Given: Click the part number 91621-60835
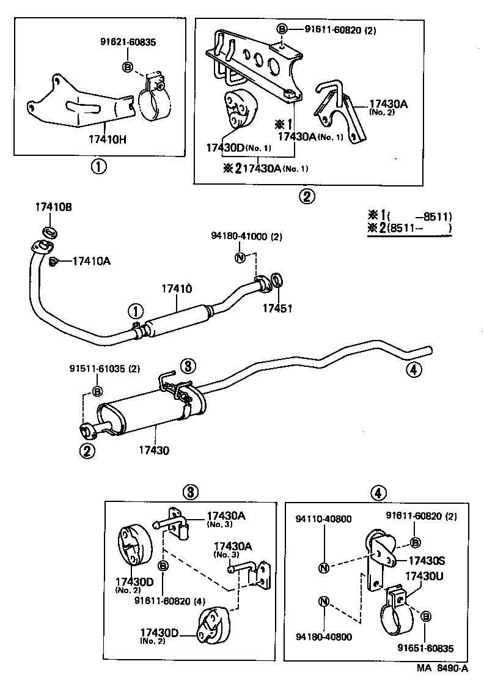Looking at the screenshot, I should click(x=128, y=42).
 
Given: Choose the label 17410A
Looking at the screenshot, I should click(x=91, y=261).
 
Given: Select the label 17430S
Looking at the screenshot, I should click(x=427, y=561).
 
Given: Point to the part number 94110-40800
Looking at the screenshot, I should click(x=323, y=519).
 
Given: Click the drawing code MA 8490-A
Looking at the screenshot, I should click(x=443, y=668).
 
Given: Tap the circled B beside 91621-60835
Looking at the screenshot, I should click(x=128, y=67).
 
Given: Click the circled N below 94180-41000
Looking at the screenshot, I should click(x=240, y=257).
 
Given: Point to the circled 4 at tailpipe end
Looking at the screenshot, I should click(x=414, y=369).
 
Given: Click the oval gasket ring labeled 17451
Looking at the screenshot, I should click(x=277, y=282).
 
